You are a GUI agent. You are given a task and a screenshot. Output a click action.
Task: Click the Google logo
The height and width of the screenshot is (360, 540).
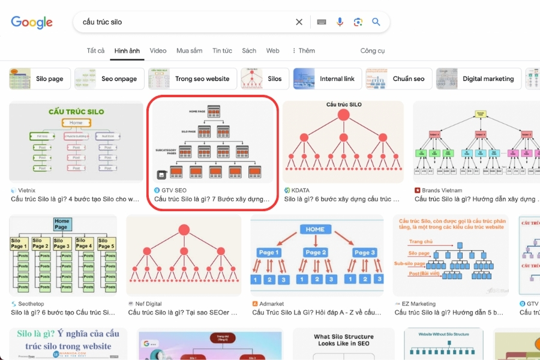click(32, 23)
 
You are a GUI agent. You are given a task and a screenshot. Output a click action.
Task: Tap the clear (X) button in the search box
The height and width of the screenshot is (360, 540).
click(299, 22)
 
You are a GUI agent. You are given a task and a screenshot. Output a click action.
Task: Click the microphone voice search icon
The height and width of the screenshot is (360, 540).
click(340, 22)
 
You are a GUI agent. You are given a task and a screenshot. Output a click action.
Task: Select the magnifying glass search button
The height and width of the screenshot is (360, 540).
click(376, 22)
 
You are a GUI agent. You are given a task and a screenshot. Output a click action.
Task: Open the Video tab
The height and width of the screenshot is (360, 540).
click(158, 51)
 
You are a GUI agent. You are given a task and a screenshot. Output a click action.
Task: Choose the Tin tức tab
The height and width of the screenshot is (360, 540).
click(222, 51)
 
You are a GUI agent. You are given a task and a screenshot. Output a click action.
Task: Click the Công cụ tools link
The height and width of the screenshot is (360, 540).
click(373, 51)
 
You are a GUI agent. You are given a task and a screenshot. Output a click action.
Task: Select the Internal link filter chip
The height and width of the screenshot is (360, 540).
click(328, 79)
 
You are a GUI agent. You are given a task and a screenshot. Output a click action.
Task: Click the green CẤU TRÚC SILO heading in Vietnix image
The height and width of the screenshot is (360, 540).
click(76, 112)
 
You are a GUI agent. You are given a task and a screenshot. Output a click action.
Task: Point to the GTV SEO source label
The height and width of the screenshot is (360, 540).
click(173, 190)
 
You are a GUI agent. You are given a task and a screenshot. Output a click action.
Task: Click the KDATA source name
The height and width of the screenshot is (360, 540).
click(300, 190)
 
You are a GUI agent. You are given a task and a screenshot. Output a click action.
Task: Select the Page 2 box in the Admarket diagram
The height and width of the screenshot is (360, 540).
click(316, 253)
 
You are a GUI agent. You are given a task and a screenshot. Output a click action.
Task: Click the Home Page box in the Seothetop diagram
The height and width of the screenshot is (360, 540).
click(61, 224)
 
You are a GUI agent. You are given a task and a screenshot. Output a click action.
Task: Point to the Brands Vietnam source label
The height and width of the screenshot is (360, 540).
click(442, 190)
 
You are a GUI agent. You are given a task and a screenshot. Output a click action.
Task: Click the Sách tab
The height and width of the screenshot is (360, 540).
click(249, 51)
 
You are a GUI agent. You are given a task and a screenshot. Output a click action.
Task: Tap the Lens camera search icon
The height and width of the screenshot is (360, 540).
click(358, 22)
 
